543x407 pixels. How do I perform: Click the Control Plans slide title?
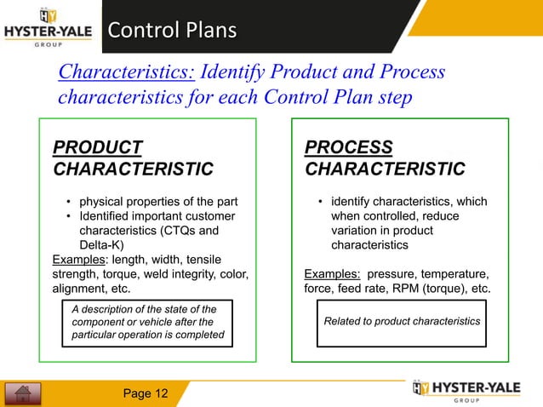tap(171, 32)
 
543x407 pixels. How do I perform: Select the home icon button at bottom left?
tap(23, 393)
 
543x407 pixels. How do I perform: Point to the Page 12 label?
tap(146, 393)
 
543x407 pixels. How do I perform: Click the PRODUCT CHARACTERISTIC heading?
tap(133, 158)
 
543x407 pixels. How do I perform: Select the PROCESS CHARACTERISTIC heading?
tap(384, 158)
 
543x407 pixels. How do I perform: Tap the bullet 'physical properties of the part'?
tap(158, 202)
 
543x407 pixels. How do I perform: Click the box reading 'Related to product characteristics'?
tap(402, 322)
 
